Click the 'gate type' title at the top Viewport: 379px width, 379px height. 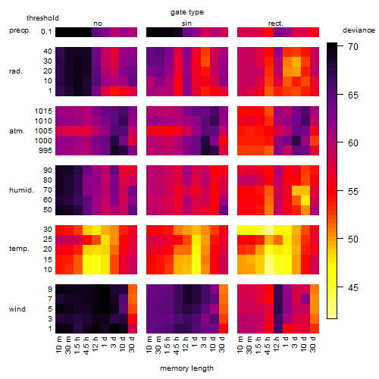[x=187, y=12]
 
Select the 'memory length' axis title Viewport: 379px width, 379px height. [x=186, y=368]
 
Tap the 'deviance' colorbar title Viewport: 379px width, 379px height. [x=359, y=30]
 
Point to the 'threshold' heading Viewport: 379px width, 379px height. [x=42, y=18]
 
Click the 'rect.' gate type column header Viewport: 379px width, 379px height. [x=275, y=23]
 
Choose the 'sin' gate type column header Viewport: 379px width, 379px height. [x=186, y=23]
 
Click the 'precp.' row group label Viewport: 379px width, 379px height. [x=20, y=30]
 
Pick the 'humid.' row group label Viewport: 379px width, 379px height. [x=21, y=190]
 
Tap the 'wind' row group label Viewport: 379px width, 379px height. [x=17, y=309]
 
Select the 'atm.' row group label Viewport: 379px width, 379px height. [x=17, y=131]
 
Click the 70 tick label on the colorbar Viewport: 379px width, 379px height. [x=353, y=47]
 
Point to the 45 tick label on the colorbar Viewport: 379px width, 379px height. [x=353, y=288]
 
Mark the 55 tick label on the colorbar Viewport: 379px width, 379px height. [x=353, y=192]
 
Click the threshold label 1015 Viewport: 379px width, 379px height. [x=43, y=111]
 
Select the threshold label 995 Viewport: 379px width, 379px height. [x=45, y=151]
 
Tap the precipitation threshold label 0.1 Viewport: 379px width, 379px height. [x=46, y=32]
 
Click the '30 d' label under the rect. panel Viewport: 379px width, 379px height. [x=313, y=344]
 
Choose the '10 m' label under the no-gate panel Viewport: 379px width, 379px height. [x=58, y=344]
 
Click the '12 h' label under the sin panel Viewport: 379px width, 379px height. [x=186, y=344]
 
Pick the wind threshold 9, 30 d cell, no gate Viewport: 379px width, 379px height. [x=133, y=290]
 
